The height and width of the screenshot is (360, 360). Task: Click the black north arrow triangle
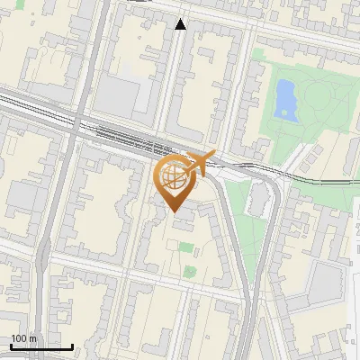[181, 24]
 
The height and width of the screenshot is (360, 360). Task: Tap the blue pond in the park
[286, 98]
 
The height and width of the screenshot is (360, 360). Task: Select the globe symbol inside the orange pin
[172, 176]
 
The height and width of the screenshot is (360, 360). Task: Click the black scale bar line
[41, 346]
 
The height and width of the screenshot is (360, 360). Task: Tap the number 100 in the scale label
[19, 338]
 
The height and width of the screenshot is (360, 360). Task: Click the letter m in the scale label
[32, 338]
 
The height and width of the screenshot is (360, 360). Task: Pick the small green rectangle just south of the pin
[185, 247]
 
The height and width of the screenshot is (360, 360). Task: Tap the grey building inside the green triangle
[256, 200]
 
